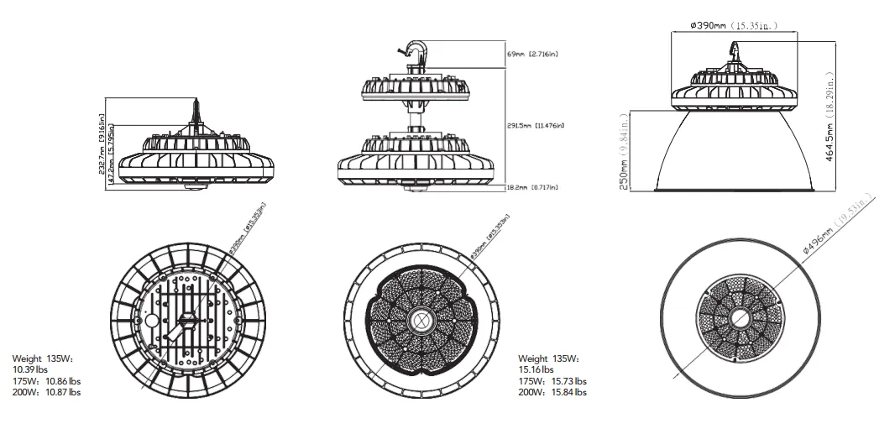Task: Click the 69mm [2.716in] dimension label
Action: coord(532,54)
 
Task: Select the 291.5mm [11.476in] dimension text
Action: coord(536,126)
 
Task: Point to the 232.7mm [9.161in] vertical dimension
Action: coord(102,148)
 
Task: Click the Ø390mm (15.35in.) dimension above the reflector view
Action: coord(732,26)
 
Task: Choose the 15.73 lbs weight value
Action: coord(568,381)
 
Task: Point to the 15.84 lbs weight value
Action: coord(568,392)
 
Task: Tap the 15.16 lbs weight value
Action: coord(536,369)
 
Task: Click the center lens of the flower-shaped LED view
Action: coord(419,321)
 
